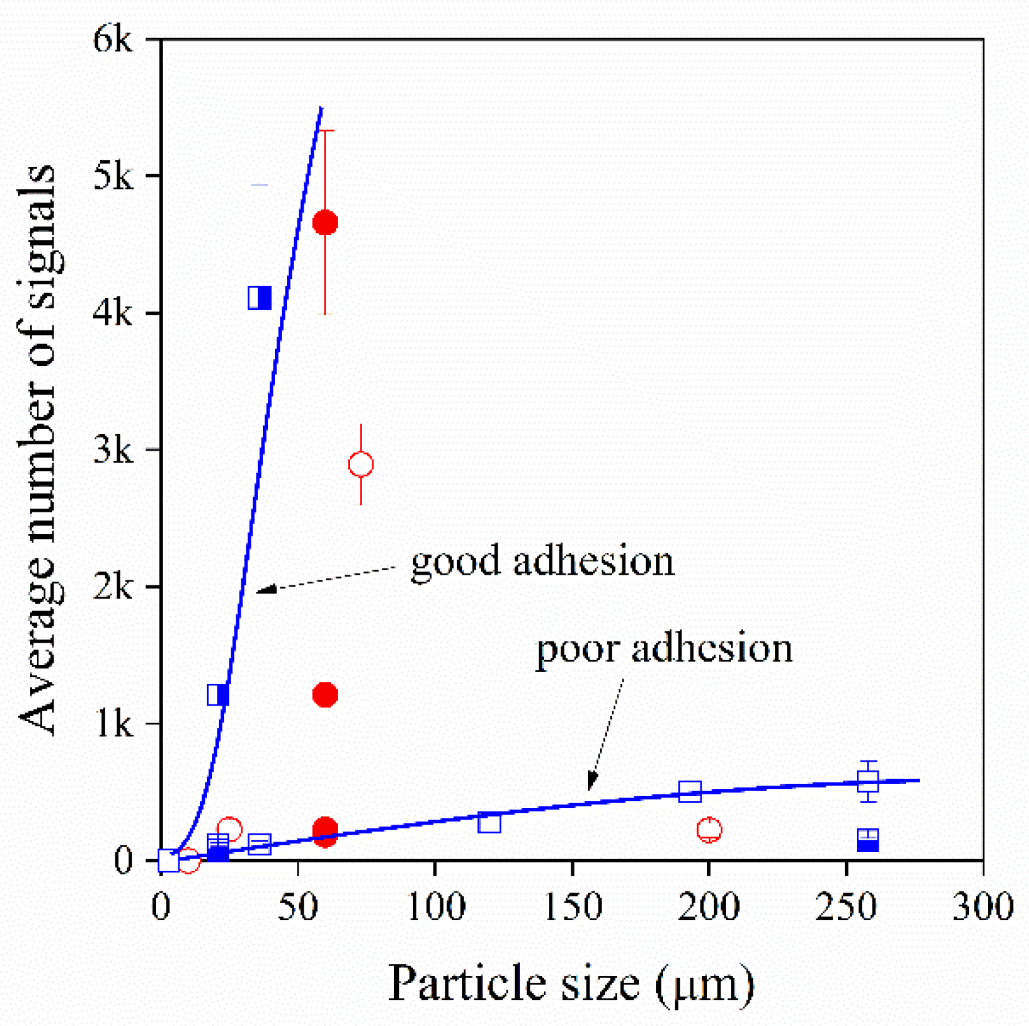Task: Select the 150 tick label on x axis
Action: (x=572, y=907)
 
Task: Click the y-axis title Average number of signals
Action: (x=39, y=449)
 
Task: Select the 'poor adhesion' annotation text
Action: (x=664, y=649)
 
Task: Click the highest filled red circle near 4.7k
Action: (x=325, y=223)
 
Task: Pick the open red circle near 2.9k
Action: (x=361, y=464)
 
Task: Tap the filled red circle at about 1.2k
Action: (x=325, y=694)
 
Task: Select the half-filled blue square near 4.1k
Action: (x=259, y=298)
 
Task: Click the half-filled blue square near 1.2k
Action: (x=218, y=694)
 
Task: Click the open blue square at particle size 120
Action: (x=490, y=823)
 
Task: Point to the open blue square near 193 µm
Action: (x=690, y=792)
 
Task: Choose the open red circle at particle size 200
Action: (x=709, y=830)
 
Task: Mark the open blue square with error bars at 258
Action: (x=868, y=781)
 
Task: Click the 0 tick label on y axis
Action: (x=123, y=860)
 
